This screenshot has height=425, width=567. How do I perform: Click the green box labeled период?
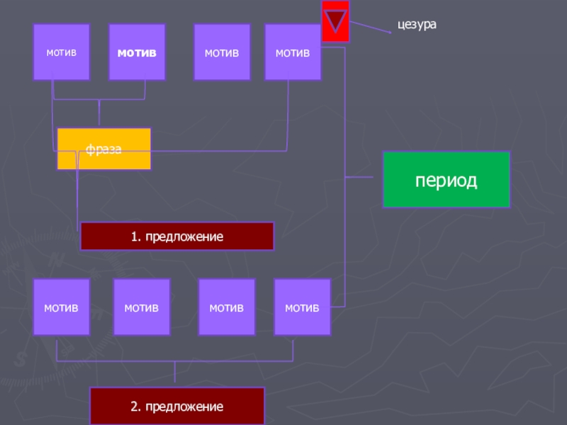click(x=447, y=179)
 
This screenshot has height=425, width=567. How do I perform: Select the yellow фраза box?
click(x=104, y=149)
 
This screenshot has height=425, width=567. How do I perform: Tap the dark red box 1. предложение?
click(x=176, y=236)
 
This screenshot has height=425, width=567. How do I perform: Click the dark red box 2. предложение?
click(x=176, y=407)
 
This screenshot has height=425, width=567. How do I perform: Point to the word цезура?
click(x=417, y=25)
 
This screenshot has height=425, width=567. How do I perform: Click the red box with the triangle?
click(x=335, y=21)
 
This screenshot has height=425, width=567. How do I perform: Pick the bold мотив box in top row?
click(x=137, y=52)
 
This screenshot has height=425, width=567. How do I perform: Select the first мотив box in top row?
click(x=62, y=52)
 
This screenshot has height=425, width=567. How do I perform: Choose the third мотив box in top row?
click(x=222, y=52)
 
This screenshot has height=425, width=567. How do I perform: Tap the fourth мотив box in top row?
click(x=293, y=52)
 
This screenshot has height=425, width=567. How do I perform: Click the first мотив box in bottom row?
click(x=62, y=307)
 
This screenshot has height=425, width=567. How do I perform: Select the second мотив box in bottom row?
click(x=142, y=307)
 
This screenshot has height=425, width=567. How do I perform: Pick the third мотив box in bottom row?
click(x=226, y=307)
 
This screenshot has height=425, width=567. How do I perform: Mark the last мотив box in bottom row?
click(x=302, y=307)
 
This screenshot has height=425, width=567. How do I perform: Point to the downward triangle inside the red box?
click(x=335, y=20)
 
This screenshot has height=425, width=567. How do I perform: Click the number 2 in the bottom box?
click(x=133, y=407)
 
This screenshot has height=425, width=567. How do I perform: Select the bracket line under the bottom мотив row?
click(x=174, y=362)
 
